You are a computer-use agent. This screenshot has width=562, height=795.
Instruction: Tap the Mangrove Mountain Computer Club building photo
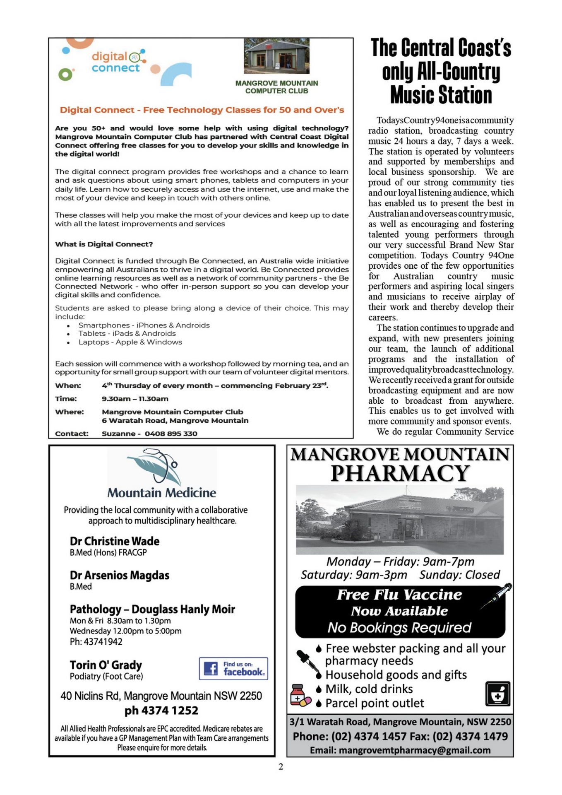coord(276,56)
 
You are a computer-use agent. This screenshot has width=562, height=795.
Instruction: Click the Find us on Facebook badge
coord(233,668)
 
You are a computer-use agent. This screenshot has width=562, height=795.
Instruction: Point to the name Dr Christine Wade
coord(114,541)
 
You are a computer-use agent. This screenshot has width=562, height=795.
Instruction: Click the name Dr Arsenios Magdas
coord(119,575)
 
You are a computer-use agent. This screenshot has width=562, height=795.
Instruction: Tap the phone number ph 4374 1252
coord(161,711)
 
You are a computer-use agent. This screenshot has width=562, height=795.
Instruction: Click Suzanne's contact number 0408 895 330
coord(171,434)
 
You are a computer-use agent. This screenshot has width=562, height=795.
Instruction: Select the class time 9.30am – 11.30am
coord(135,399)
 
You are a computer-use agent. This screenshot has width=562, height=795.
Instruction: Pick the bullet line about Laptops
coord(130,342)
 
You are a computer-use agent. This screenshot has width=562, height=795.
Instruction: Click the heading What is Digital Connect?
coord(104,244)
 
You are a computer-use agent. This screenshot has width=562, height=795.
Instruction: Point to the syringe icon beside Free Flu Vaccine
coord(496,596)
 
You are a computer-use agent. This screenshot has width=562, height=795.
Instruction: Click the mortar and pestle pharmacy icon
coord(497,694)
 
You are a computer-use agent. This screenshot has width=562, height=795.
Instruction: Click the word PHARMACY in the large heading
coord(400,473)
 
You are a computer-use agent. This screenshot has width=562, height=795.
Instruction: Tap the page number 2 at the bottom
coord(281,767)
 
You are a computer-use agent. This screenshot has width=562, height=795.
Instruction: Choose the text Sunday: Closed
coord(459,575)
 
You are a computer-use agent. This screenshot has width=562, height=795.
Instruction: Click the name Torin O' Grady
coord(106,665)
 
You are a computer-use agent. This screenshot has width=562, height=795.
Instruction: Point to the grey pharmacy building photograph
coord(400,520)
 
